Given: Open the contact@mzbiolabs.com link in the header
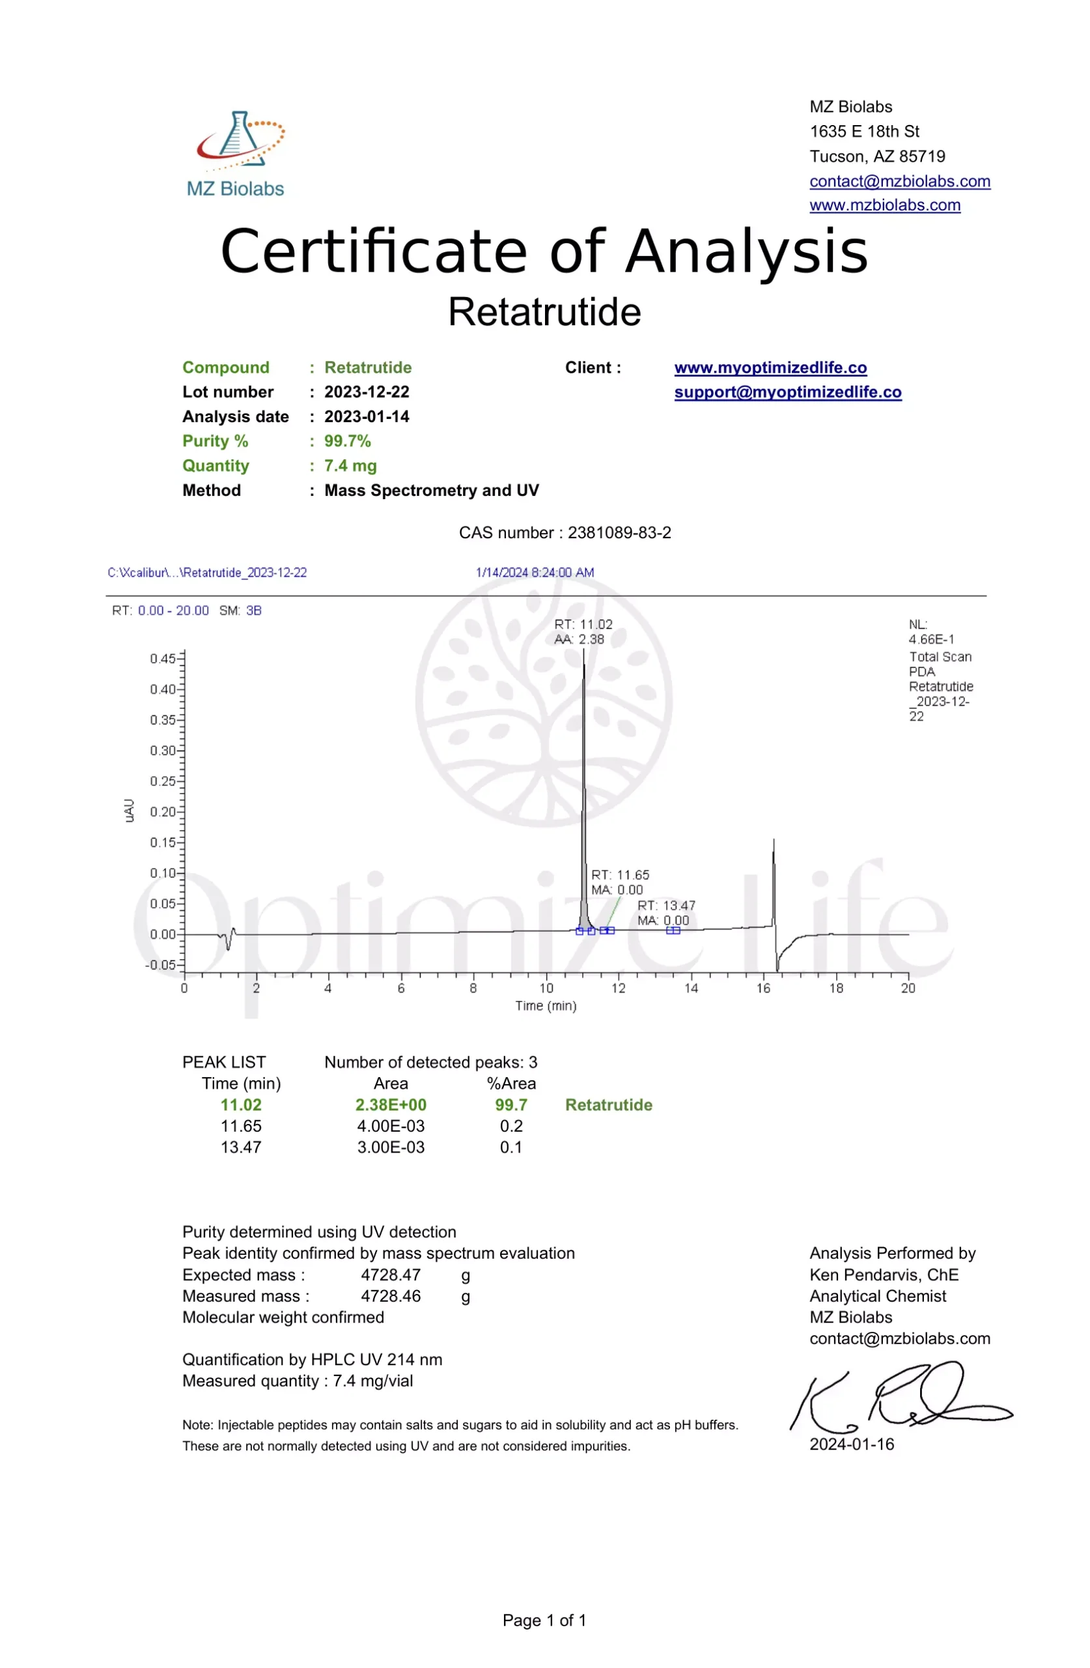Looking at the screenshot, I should tap(899, 181).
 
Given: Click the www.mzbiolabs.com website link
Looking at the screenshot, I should tap(884, 205).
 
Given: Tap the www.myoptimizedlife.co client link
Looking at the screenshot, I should tap(770, 368).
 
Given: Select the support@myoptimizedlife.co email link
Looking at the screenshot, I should tap(787, 392).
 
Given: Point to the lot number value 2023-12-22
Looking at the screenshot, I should tap(367, 392).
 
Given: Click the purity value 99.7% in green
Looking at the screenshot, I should tap(348, 442).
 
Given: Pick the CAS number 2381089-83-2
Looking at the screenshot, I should tap(619, 532).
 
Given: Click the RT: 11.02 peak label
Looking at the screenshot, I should tap(583, 624).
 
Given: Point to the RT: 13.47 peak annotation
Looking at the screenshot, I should tap(665, 906).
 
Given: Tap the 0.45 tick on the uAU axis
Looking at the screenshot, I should tap(163, 658).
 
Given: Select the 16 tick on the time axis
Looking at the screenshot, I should tap(763, 988).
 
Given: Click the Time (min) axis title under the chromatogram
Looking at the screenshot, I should tap(546, 1006).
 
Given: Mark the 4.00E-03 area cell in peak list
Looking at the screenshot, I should tap(390, 1127).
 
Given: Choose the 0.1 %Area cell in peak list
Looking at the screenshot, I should tap(510, 1147).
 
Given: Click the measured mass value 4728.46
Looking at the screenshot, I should tap(390, 1296).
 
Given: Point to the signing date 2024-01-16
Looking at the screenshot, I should tap(851, 1445).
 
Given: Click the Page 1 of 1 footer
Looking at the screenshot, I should tap(544, 1620).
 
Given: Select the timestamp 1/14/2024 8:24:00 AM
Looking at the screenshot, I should tap(535, 573).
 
